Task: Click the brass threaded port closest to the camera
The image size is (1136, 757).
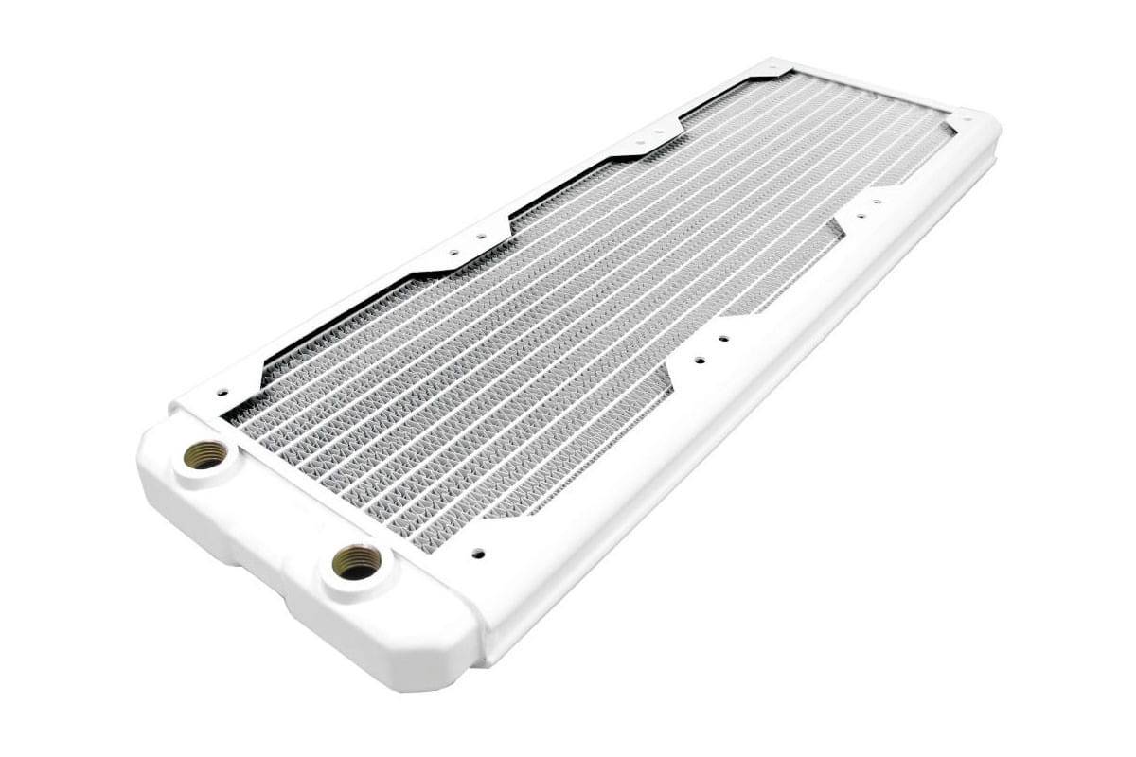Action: click(357, 562)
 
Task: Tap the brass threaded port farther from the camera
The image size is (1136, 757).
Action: click(204, 455)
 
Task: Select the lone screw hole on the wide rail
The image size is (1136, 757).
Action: click(477, 553)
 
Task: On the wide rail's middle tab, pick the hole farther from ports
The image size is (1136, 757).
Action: click(724, 338)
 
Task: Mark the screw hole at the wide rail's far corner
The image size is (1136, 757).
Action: click(966, 119)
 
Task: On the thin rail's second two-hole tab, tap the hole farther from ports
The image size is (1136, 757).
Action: click(662, 132)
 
